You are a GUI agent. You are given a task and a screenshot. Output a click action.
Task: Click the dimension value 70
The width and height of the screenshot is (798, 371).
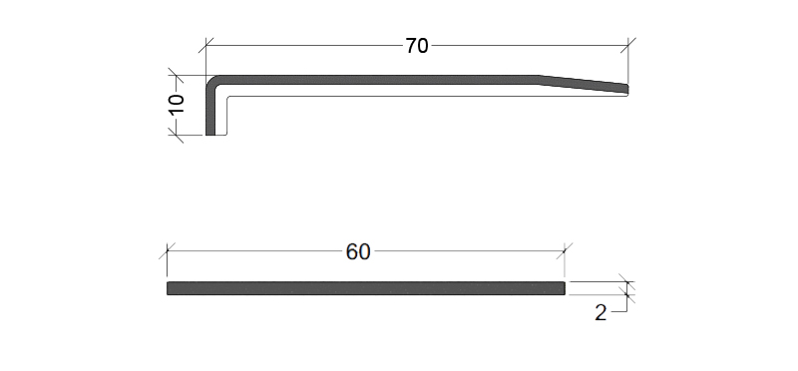click(x=417, y=46)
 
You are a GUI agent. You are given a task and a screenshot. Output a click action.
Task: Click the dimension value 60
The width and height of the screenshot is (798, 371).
click(x=358, y=252)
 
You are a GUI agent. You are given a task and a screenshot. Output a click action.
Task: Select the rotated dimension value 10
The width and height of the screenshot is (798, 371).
click(x=177, y=105)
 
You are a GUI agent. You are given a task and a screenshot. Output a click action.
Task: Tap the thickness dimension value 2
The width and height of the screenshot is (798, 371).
click(x=600, y=313)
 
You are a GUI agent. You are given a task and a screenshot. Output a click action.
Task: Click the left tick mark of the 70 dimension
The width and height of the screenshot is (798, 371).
click(x=206, y=45)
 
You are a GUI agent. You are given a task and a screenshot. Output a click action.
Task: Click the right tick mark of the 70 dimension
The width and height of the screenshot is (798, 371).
click(x=628, y=45)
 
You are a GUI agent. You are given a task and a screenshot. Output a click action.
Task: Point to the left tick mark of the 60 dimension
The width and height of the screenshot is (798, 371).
click(x=167, y=251)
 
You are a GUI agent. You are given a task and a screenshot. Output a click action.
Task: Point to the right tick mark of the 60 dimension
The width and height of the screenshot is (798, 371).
click(x=565, y=251)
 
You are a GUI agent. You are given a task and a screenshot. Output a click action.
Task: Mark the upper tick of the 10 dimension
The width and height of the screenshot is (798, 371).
click(x=176, y=76)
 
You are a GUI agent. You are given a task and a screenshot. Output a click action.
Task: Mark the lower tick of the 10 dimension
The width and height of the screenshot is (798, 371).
click(x=176, y=136)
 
